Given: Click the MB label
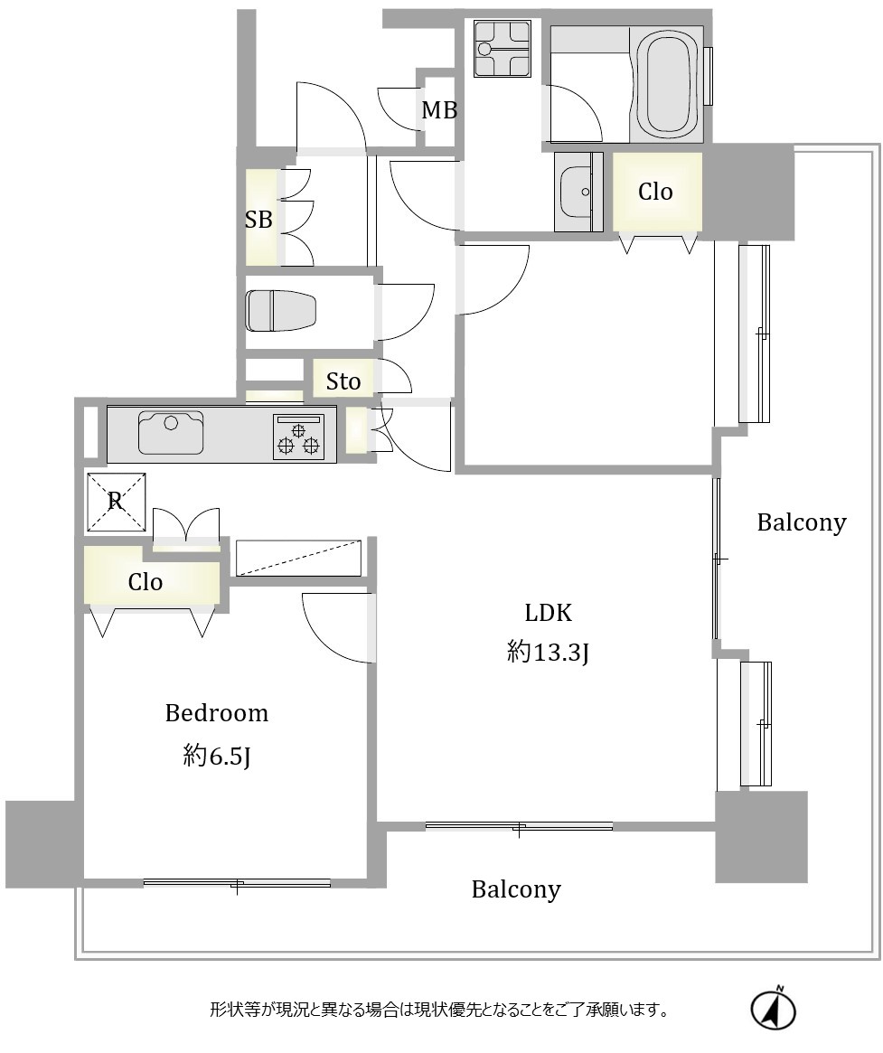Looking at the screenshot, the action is [x=439, y=109].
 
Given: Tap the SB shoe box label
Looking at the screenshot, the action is [x=258, y=219].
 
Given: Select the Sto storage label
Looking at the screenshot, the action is [x=343, y=381].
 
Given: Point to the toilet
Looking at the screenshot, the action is [x=281, y=311].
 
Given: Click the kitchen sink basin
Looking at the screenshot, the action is [x=171, y=433].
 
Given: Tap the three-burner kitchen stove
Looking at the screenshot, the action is [x=298, y=437].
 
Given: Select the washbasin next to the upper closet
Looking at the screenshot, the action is [x=578, y=192].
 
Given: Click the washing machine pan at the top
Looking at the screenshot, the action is [x=502, y=48].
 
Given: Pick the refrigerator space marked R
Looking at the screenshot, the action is [x=117, y=503].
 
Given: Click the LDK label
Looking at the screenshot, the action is [x=548, y=613].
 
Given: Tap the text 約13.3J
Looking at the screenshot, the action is [x=548, y=652].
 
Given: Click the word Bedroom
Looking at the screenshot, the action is [x=216, y=712].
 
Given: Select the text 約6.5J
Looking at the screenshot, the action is [x=216, y=757].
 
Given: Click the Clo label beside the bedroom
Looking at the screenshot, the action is [x=145, y=581].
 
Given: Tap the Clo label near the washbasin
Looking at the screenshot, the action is [x=655, y=192].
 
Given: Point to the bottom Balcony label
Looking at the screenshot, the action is [x=516, y=889].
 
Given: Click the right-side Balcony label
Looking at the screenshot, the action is [x=801, y=522].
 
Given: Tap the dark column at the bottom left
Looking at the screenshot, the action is [x=43, y=844].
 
